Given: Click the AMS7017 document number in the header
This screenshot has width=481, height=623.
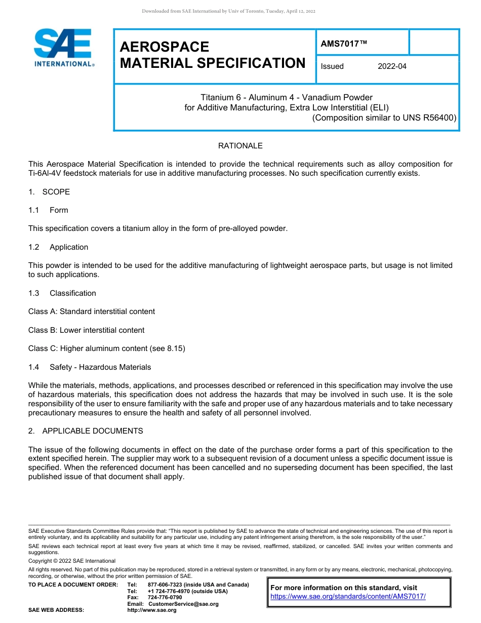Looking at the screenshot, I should click(343, 44).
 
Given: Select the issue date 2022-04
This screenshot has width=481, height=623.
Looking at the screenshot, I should click(392, 66).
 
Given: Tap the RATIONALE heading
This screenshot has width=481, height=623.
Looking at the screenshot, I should click(240, 146).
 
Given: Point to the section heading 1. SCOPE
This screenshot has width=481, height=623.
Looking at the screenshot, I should click(49, 192).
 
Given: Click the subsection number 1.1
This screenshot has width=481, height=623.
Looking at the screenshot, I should click(33, 210).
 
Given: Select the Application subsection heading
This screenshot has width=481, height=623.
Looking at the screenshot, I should click(69, 247).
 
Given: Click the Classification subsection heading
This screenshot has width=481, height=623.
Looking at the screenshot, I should click(72, 293).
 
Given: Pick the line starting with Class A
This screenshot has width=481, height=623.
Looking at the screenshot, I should click(92, 311).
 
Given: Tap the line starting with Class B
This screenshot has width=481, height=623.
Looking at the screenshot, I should click(87, 330).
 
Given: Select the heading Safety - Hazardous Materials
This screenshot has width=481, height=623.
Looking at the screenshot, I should click(100, 367).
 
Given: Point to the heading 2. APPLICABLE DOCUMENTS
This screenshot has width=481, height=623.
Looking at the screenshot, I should click(86, 431).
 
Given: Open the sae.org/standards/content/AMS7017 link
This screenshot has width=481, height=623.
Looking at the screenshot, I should click(348, 597).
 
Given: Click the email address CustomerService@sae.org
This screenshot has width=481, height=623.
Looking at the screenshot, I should click(183, 604).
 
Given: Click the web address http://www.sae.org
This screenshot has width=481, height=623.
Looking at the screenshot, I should click(152, 610).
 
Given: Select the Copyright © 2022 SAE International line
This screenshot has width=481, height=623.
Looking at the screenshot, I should click(72, 561).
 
